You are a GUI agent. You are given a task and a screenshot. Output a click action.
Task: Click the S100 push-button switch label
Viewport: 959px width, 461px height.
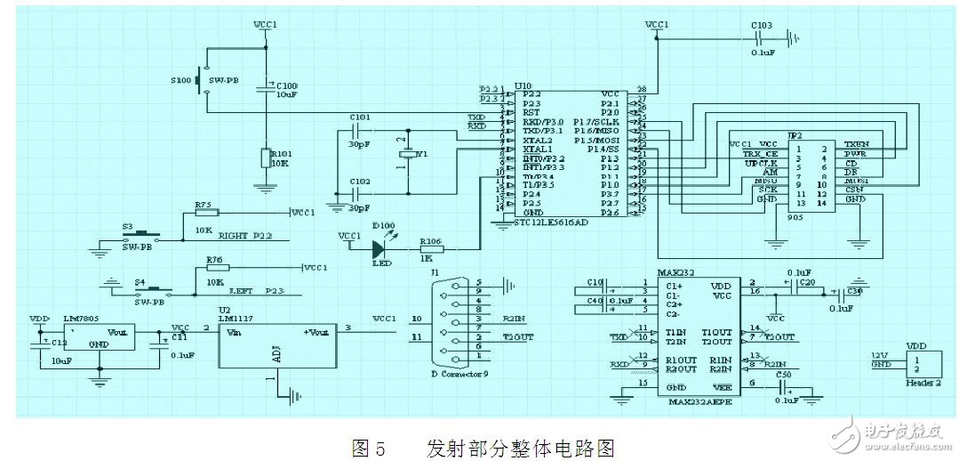[180, 80]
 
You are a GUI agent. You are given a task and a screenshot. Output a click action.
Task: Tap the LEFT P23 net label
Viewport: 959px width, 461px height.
[247, 291]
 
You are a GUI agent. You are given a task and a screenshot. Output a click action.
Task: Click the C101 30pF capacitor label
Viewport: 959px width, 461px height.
[359, 117]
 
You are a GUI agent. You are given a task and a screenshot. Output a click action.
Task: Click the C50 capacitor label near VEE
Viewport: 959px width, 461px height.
[782, 376]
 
